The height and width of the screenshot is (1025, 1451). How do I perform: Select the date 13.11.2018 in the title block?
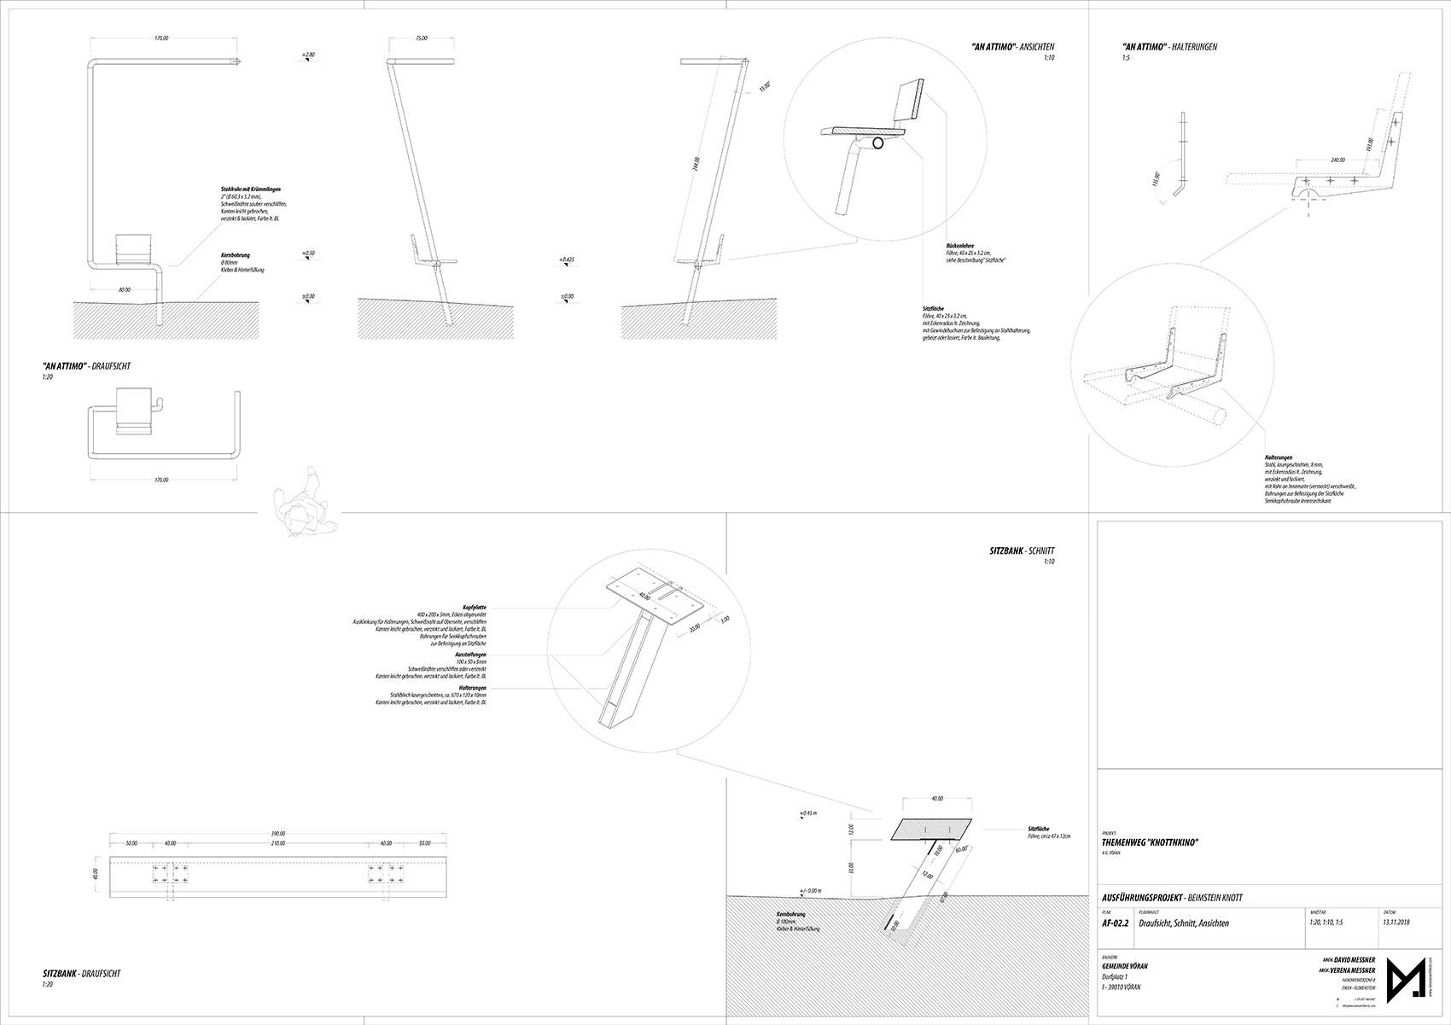[1397, 923]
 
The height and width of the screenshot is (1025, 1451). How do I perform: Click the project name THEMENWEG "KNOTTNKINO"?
[1151, 843]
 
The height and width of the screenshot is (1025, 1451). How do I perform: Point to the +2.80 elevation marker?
[308, 55]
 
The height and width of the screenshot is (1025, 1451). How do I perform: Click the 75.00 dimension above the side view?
[421, 38]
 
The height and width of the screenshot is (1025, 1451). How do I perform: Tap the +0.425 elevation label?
[567, 259]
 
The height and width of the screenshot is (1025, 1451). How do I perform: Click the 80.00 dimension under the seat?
[125, 290]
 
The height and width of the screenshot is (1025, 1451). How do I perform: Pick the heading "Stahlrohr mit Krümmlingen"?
[250, 189]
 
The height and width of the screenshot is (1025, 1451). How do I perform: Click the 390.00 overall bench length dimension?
[278, 834]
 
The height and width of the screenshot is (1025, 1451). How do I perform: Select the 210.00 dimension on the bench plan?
[278, 843]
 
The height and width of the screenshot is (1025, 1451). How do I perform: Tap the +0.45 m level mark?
[808, 812]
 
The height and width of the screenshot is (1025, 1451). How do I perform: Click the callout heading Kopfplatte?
[474, 607]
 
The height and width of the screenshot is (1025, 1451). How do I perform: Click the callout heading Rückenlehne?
[960, 246]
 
